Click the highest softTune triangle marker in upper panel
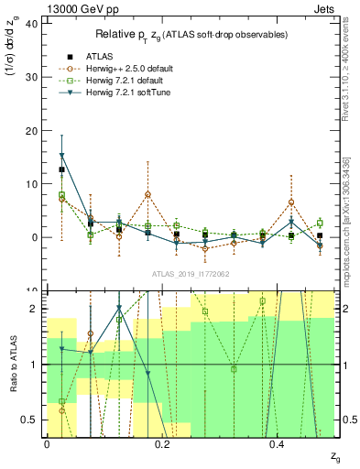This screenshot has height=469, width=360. point(61,156)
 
